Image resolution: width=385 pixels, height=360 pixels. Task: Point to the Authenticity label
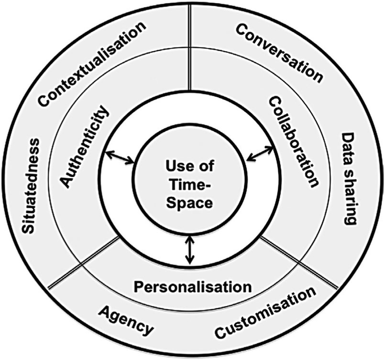coord(85,146)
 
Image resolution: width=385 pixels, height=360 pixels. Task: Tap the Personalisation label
coord(192,287)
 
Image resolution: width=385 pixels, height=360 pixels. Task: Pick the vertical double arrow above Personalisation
coord(191,249)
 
